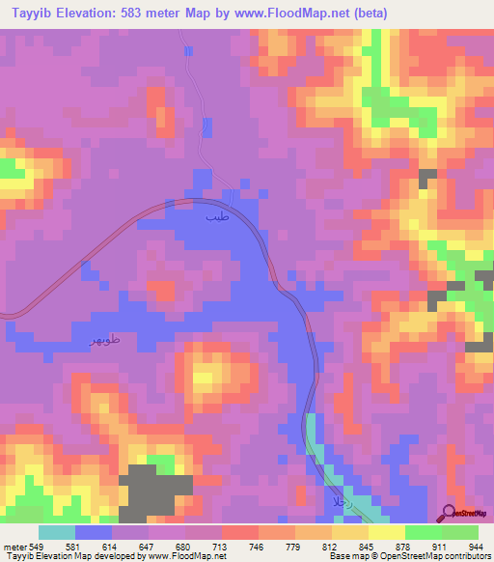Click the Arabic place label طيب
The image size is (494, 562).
[x=216, y=218]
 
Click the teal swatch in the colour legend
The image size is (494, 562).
[x=57, y=532]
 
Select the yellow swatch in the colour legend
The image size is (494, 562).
[x=386, y=532]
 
